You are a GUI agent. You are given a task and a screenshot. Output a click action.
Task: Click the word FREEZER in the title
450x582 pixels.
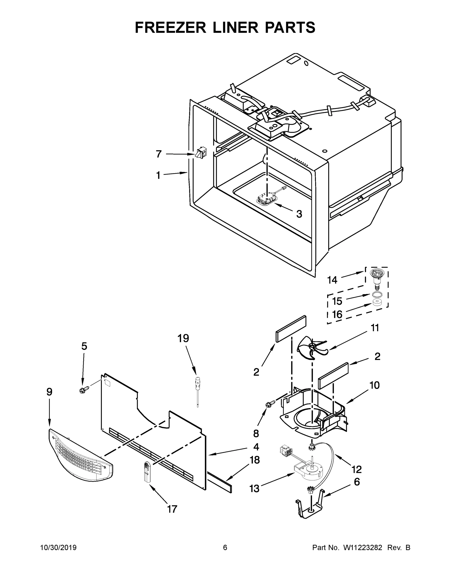(171, 27)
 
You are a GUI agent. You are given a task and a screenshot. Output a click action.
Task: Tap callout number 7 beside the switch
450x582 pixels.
(159, 154)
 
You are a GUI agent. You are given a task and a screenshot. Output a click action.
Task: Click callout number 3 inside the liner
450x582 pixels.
(299, 214)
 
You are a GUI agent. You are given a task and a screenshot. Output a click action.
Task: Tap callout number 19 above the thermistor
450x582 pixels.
(183, 338)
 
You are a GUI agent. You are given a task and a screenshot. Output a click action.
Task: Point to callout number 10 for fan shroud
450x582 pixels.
(375, 385)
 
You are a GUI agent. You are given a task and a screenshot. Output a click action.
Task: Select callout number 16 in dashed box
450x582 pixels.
(337, 315)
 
